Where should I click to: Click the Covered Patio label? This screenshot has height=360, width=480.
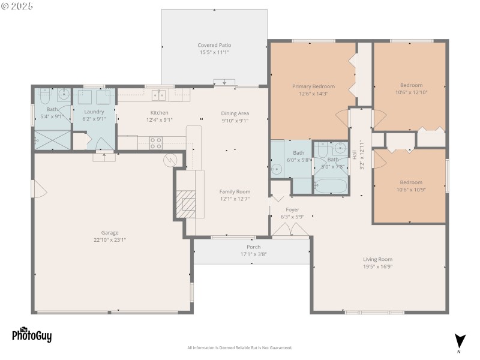214,45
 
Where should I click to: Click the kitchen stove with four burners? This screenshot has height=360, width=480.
155,143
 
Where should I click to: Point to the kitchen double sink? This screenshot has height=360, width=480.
158,94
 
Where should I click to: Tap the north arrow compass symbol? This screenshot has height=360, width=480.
460,340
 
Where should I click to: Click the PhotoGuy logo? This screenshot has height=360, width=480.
32,335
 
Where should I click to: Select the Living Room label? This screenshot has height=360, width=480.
377,259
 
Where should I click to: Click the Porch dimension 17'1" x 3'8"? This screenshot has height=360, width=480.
253,254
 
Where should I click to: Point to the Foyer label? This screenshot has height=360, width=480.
292,209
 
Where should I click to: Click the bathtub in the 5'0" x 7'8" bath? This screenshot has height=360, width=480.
331,185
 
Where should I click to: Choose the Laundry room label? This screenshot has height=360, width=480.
94,112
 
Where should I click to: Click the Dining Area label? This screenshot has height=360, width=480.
235,113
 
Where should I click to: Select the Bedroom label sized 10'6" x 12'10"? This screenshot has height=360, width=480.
408,85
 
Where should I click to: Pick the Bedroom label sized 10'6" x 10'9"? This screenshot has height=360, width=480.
411,182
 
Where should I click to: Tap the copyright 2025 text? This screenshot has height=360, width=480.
17,5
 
